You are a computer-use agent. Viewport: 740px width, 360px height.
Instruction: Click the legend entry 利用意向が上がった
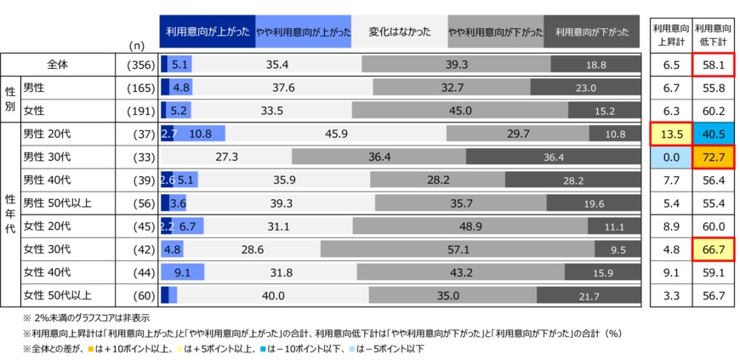pyautogui.click(x=208, y=32)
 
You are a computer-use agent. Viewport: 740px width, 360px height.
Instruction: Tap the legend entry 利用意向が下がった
pyautogui.click(x=592, y=32)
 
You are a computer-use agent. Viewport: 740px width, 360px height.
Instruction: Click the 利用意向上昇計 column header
pyautogui.click(x=669, y=32)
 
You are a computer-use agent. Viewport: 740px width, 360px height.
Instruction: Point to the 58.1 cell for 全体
pyautogui.click(x=713, y=64)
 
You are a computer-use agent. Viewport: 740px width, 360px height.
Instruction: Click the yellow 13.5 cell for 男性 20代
pyautogui.click(x=669, y=133)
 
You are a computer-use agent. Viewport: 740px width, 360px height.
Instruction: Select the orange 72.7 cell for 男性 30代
pyautogui.click(x=713, y=157)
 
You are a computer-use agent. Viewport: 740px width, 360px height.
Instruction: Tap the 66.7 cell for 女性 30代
pyautogui.click(x=713, y=249)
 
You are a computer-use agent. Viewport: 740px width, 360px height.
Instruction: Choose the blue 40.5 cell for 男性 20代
pyautogui.click(x=713, y=133)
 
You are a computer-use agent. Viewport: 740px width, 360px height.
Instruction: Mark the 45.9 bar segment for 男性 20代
pyautogui.click(x=336, y=133)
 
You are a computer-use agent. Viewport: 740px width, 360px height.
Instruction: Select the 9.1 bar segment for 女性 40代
pyautogui.click(x=182, y=272)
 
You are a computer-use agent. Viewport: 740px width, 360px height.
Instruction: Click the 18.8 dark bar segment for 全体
pyautogui.click(x=595, y=64)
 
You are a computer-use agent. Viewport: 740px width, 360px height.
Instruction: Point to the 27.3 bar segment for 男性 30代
pyautogui.click(x=226, y=157)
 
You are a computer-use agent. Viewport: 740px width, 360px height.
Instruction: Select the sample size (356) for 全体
pyautogui.click(x=139, y=64)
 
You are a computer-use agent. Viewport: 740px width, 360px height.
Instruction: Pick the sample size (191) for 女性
pyautogui.click(x=139, y=110)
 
